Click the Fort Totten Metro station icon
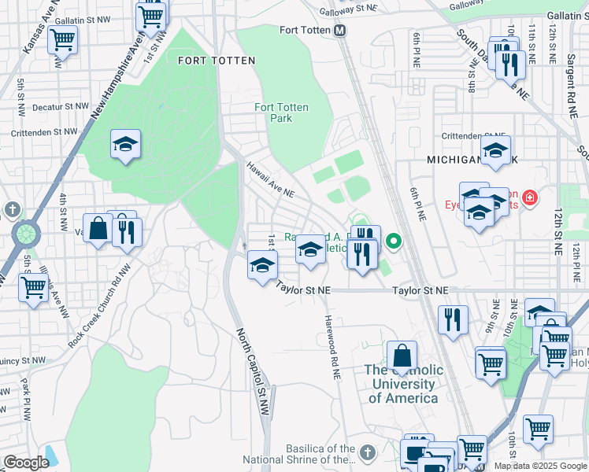[x=340, y=31]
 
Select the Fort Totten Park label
[x=281, y=112]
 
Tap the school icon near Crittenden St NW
[x=125, y=145]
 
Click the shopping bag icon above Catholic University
[x=402, y=354]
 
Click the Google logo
[x=27, y=463]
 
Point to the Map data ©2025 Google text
[x=539, y=466]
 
